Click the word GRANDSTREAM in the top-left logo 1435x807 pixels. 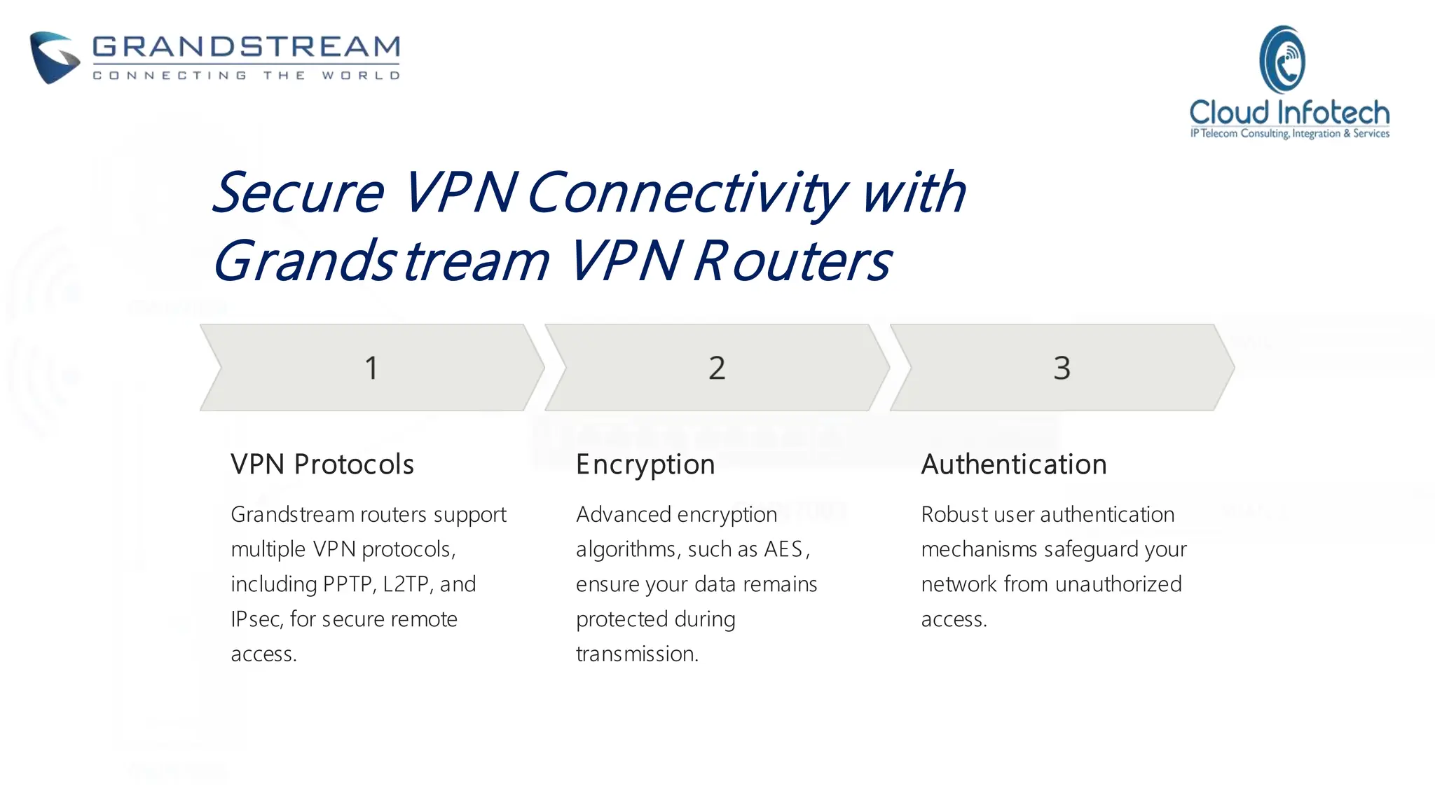246,47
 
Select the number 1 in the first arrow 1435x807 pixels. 371,368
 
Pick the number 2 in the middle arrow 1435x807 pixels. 717,368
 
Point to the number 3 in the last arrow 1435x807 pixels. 1062,368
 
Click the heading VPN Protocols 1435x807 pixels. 322,464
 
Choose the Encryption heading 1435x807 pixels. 645,465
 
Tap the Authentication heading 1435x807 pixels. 1014,464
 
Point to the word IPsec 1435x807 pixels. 256,619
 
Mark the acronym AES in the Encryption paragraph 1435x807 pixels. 783,549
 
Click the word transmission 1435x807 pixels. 637,654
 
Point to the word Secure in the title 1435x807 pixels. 298,193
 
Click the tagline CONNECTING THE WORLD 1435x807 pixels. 246,75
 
